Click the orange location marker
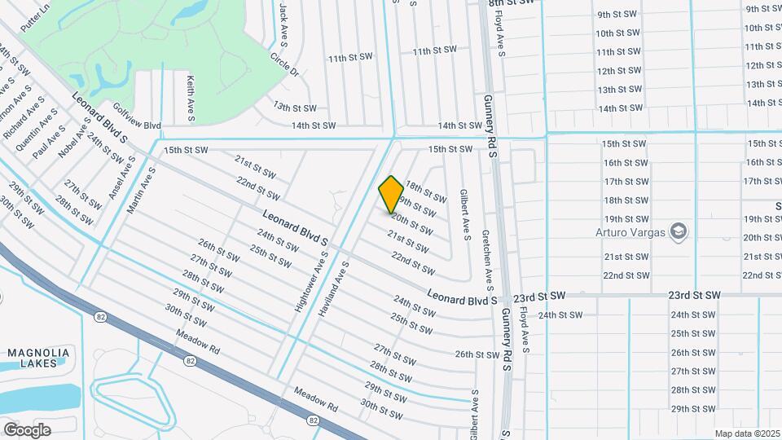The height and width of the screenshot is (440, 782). (392, 194)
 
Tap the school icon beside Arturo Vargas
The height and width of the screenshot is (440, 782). (679, 232)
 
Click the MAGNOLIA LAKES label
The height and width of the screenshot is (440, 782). (38, 359)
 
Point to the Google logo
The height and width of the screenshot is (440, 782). (27, 429)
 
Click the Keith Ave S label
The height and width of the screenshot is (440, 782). (191, 99)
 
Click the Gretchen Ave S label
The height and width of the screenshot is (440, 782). (488, 260)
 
